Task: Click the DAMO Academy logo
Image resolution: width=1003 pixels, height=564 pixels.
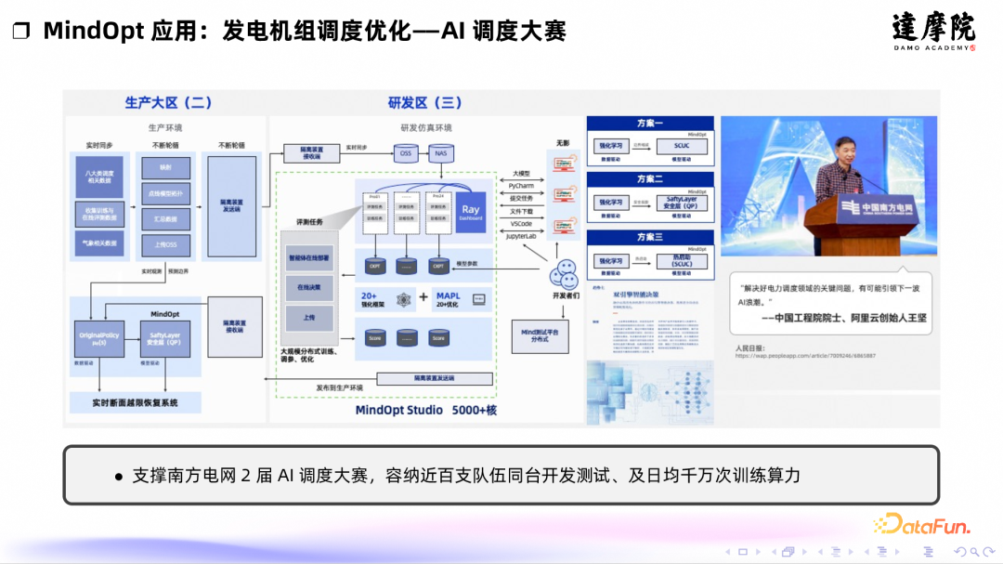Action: (933, 31)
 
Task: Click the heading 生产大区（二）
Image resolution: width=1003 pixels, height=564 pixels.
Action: (168, 102)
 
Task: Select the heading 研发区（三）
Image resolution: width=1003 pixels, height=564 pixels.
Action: (424, 102)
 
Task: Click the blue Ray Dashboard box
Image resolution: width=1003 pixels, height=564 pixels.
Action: (471, 213)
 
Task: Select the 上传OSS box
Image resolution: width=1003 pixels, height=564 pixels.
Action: (165, 243)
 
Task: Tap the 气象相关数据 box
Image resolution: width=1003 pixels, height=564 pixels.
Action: (99, 243)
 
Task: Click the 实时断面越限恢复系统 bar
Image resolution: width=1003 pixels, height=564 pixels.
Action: (136, 403)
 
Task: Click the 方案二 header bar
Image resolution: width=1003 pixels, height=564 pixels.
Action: (650, 178)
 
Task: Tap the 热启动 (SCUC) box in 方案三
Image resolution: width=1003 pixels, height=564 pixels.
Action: (681, 261)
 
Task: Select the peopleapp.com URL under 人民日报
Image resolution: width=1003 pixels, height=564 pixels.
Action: (804, 356)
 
